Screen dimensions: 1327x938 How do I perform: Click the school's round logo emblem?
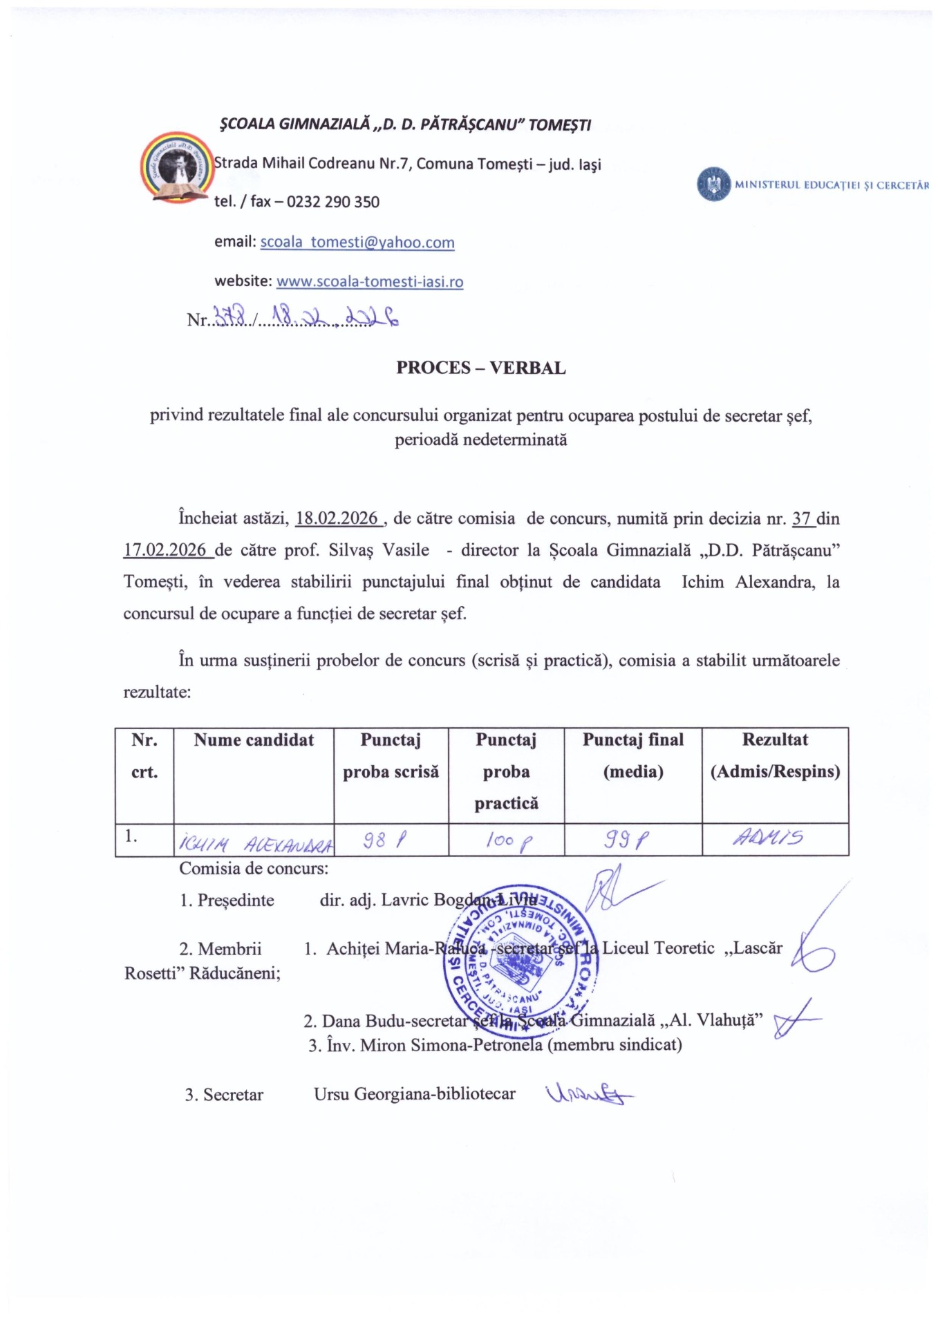pos(178,167)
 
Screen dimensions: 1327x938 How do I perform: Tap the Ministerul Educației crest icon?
pos(714,185)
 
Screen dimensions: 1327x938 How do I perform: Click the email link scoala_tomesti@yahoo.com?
pos(357,242)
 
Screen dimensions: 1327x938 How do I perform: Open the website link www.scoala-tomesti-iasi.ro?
pos(370,281)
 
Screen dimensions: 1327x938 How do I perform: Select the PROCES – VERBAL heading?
pos(480,368)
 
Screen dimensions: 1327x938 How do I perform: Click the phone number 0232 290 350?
pos(333,202)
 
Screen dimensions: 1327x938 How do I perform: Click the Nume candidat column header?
pos(254,740)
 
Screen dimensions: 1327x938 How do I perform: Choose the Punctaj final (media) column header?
pos(632,755)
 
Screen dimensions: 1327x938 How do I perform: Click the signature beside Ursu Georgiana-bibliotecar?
pos(588,1093)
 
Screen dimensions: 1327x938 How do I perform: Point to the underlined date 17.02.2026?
pos(165,550)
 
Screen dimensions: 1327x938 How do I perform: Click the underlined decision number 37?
pos(801,518)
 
